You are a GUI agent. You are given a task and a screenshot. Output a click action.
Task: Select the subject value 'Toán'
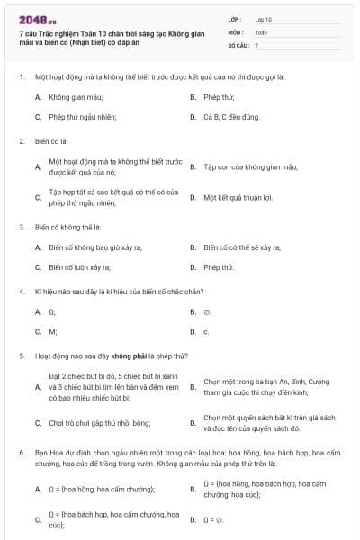[261, 31]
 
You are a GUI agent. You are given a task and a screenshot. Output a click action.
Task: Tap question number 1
[21, 76]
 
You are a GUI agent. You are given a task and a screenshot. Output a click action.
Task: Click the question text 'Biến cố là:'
[51, 141]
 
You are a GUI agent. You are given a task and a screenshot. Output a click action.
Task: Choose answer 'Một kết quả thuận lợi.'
[237, 197]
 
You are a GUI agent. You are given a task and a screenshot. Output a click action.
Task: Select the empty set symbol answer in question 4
[207, 311]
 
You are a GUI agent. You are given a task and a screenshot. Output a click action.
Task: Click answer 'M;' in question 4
[53, 331]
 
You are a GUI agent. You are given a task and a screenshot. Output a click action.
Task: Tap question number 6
[21, 447]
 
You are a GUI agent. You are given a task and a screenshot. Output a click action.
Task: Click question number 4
[21, 292]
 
